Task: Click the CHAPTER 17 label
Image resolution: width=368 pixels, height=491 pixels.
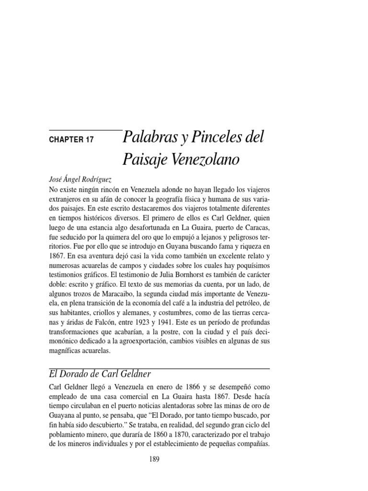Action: pyautogui.click(x=71, y=140)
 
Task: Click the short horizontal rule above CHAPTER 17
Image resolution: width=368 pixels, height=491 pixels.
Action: pyautogui.click(x=85, y=130)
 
